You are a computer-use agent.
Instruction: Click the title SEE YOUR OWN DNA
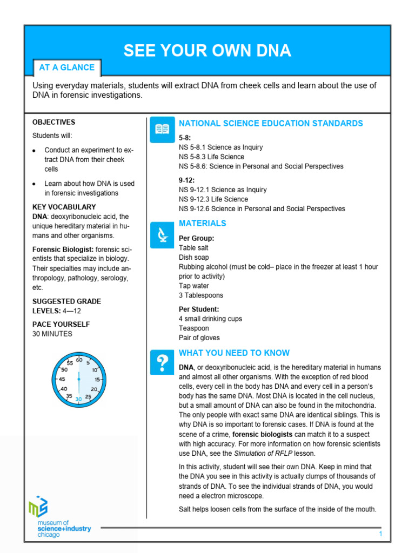tap(207, 51)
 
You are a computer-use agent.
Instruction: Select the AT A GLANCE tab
tap(66, 68)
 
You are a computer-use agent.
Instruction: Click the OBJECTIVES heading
tap(54, 123)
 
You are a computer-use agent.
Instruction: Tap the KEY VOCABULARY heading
tap(64, 207)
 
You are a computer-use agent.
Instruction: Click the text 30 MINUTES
tap(52, 334)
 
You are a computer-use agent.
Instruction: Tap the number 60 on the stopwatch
tap(79, 360)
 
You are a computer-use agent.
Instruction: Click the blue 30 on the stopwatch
tap(79, 399)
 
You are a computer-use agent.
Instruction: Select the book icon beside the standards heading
tap(162, 129)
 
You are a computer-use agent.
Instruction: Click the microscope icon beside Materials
tap(162, 235)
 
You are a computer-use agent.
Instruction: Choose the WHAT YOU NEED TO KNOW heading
tap(234, 353)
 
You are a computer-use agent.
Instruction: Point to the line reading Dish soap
tap(194, 258)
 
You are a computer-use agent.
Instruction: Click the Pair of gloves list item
tap(199, 338)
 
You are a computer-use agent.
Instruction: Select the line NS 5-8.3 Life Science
tap(211, 157)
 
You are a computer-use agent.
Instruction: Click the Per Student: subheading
tap(199, 309)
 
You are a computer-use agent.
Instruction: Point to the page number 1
tap(380, 534)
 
